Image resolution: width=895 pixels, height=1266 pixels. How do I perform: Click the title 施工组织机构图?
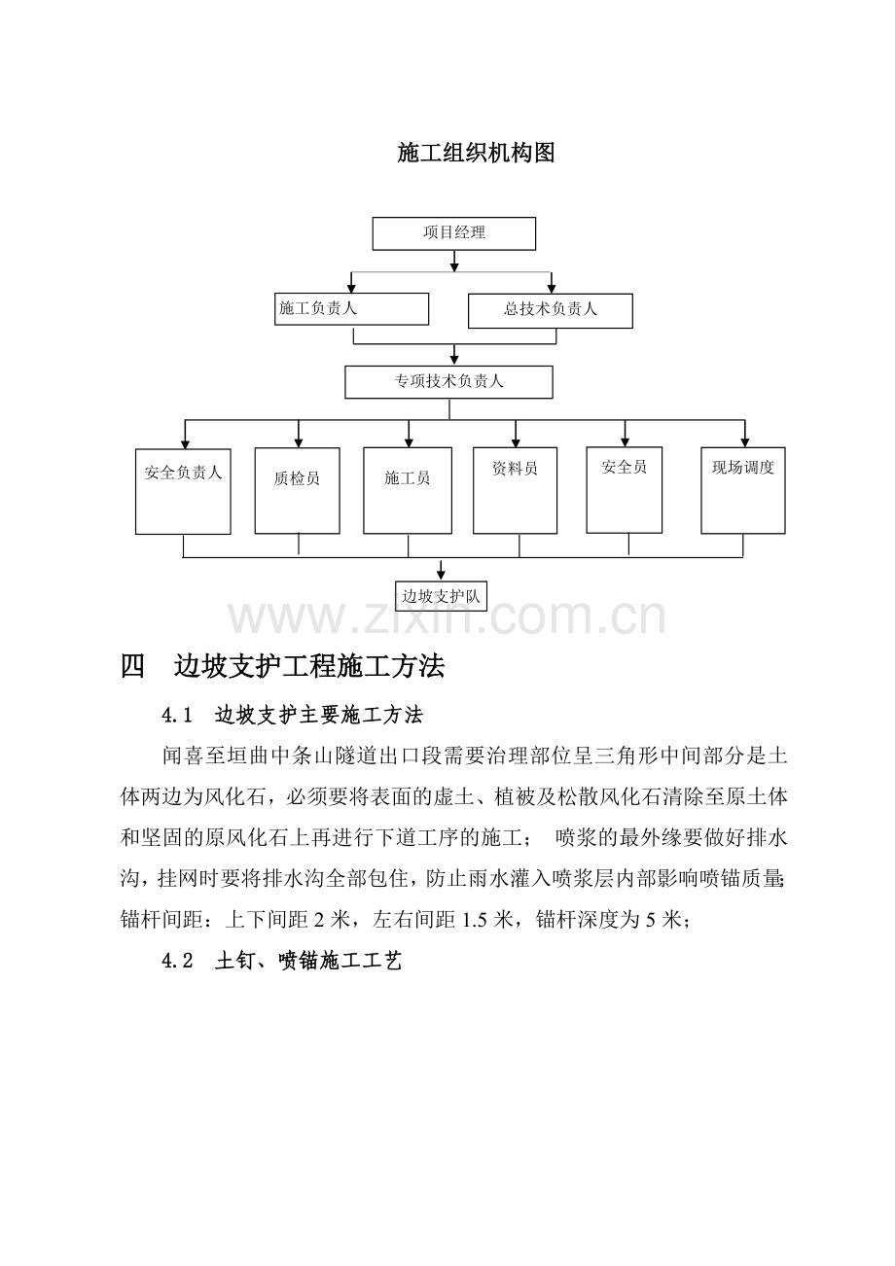tap(476, 154)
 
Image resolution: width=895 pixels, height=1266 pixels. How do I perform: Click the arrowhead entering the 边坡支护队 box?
tap(441, 576)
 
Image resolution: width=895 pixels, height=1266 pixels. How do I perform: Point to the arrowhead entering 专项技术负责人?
tap(454, 360)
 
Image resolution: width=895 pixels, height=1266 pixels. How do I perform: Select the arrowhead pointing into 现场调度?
tap(745, 441)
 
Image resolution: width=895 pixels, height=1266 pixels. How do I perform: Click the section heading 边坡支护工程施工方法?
tap(309, 666)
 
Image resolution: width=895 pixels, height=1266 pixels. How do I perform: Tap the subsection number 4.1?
tap(177, 716)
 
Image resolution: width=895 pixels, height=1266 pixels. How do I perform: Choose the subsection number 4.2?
tap(177, 961)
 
